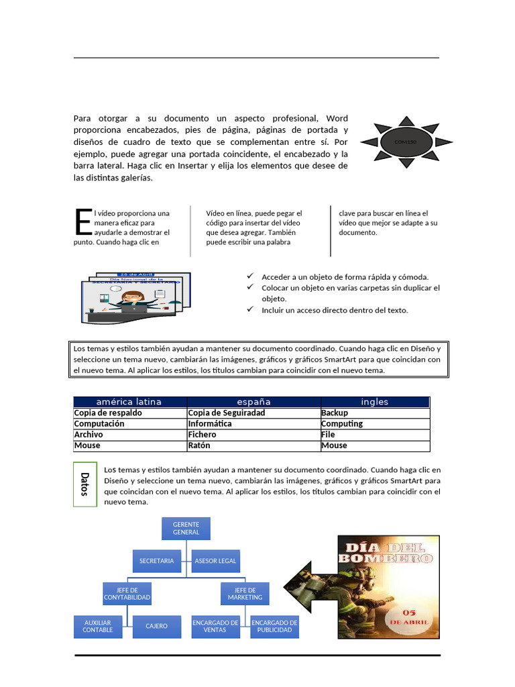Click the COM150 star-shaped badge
tap(406, 142)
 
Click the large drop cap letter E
tap(82, 222)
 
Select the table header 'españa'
tap(254, 402)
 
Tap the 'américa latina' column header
tap(129, 402)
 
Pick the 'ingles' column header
tap(375, 402)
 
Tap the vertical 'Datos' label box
tap(84, 484)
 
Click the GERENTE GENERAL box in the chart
tap(186, 528)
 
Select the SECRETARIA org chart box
tap(156, 561)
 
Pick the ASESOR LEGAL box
tap(215, 561)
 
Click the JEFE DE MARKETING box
tap(245, 594)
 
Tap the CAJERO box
tap(156, 627)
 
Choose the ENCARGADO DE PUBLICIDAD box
tap(274, 627)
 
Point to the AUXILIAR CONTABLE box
tap(98, 627)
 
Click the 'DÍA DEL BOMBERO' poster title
tap(387, 551)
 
